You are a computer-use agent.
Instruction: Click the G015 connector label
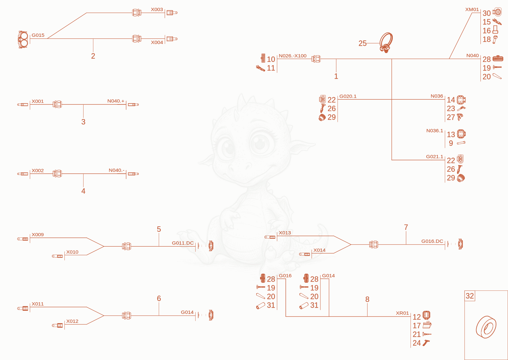tap(38, 35)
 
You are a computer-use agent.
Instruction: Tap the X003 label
tap(157, 10)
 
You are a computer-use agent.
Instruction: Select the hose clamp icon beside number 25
tap(386, 43)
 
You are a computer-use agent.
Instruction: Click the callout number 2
tap(93, 56)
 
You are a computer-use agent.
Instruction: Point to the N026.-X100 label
tap(292, 56)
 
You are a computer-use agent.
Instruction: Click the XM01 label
tap(472, 10)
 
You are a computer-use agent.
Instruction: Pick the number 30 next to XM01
tap(486, 13)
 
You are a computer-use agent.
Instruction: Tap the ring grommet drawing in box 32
tap(486, 327)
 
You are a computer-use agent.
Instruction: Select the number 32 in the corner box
tap(470, 296)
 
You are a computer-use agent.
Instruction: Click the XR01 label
tap(402, 313)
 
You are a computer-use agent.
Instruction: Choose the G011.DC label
tap(183, 243)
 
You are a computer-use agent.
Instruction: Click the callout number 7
tap(406, 227)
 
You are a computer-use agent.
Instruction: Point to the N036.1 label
tap(435, 130)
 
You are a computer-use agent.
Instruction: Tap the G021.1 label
tap(435, 157)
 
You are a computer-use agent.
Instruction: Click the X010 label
tap(72, 252)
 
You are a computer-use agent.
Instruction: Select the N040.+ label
tap(116, 101)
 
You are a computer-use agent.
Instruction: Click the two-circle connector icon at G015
tap(23, 39)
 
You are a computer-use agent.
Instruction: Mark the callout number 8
tap(367, 299)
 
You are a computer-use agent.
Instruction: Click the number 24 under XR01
tap(417, 343)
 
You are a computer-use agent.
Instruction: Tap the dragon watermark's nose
tap(240, 167)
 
